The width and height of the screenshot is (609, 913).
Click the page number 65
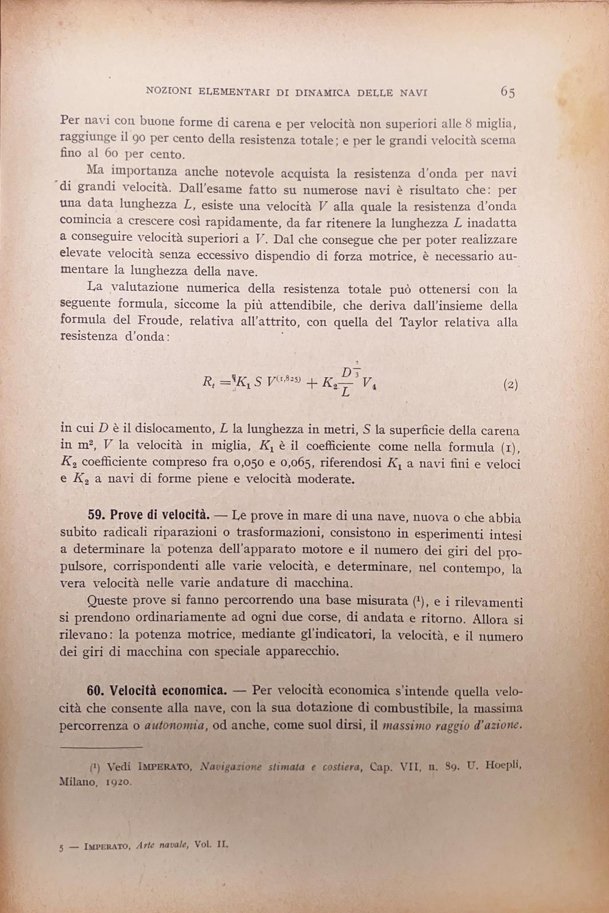tap(507, 92)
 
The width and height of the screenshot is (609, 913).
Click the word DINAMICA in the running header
tap(323, 92)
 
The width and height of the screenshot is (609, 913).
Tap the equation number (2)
tap(511, 385)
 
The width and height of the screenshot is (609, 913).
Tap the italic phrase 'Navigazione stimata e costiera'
tap(283, 767)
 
